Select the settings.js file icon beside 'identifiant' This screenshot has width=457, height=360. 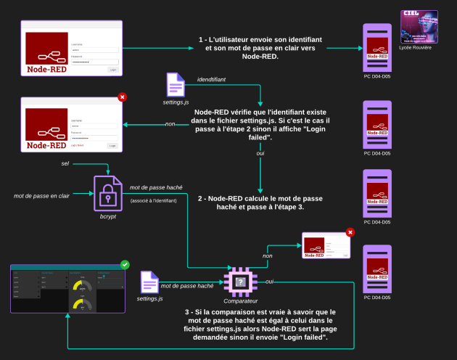point(175,84)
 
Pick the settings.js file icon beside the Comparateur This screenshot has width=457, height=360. point(149,283)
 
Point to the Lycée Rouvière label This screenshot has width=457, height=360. point(416,47)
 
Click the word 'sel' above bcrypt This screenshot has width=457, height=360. point(65,164)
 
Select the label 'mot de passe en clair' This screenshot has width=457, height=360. point(41,196)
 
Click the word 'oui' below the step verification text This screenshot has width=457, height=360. point(260,154)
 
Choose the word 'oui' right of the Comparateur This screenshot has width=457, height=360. point(269,281)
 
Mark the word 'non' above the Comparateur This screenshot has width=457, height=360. point(268,255)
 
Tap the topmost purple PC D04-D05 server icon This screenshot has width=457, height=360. point(377,46)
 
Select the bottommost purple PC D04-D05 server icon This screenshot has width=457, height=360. point(377,269)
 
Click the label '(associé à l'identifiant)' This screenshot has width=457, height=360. point(154,200)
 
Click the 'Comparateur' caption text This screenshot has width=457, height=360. point(240,300)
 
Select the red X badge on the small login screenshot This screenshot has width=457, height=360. point(350,233)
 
